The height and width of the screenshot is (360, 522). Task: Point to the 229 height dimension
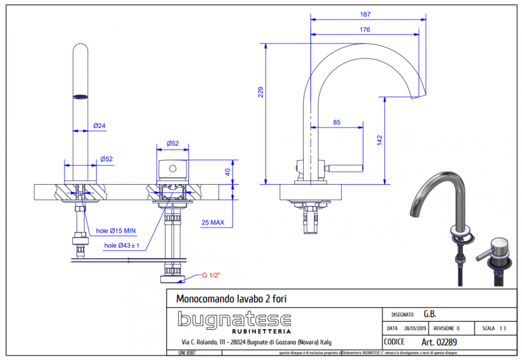260,92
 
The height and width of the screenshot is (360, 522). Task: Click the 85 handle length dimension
336,122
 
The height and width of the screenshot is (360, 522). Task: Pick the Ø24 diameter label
99,126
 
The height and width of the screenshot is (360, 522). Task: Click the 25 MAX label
213,223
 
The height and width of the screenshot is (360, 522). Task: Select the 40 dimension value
228,172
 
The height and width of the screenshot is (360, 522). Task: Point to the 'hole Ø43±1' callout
122,246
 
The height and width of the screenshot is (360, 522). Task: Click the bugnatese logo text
234,319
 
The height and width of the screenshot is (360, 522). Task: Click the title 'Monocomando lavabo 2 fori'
232,299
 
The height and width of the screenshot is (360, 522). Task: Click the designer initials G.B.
430,314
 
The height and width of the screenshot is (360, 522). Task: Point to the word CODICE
394,342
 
